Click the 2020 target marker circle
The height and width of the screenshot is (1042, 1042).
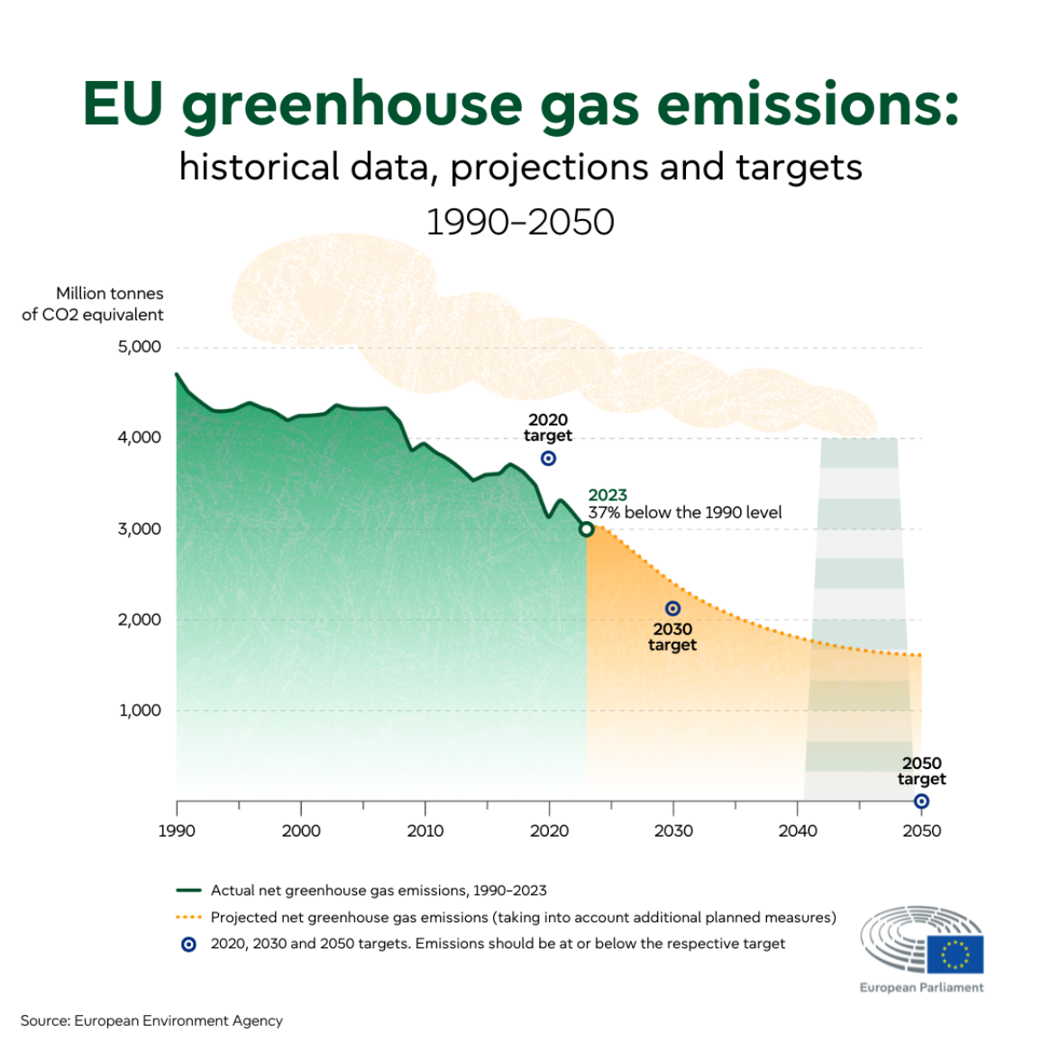click(548, 459)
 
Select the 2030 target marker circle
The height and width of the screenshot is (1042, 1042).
click(672, 609)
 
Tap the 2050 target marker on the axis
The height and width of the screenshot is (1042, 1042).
click(921, 801)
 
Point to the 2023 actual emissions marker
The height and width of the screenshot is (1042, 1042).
click(587, 529)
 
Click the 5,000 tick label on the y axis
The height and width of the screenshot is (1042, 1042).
click(139, 347)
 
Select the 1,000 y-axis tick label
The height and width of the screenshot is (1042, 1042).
click(140, 710)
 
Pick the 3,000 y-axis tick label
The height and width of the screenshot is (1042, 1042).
click(139, 529)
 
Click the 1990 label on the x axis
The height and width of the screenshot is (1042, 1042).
click(177, 831)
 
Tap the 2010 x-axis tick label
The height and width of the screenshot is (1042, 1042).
click(425, 831)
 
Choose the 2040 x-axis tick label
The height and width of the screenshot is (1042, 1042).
click(798, 831)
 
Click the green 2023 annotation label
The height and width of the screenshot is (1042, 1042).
click(608, 495)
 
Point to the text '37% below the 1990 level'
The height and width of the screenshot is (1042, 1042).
click(685, 513)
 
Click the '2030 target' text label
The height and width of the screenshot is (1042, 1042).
click(672, 637)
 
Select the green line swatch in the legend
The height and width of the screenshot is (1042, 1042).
click(188, 891)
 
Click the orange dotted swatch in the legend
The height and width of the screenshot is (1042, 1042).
click(188, 918)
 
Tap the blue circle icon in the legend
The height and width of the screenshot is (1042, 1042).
click(188, 945)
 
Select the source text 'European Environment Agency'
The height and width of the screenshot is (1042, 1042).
click(178, 1020)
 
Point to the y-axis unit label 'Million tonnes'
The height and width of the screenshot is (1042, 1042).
click(110, 294)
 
